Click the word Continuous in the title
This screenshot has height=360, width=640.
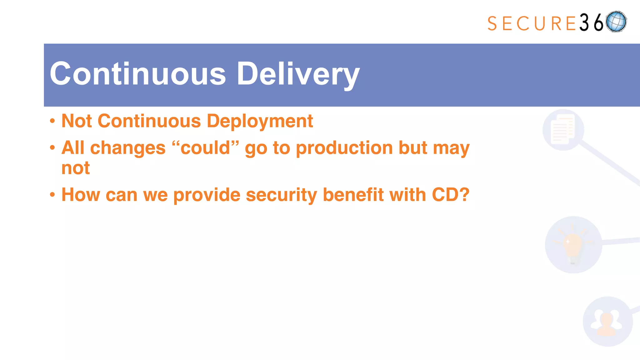(137, 74)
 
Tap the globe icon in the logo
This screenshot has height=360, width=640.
(616, 22)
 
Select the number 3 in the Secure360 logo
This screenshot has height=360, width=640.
(584, 23)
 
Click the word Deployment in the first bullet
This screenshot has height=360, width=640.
(260, 121)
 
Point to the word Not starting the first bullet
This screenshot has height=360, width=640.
(77, 121)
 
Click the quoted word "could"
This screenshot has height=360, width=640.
(205, 148)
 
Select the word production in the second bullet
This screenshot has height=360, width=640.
(344, 148)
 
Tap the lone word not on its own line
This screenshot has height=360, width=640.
(76, 168)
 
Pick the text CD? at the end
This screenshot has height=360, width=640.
(450, 195)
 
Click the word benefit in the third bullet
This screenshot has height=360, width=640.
(353, 195)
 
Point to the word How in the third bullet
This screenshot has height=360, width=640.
(80, 195)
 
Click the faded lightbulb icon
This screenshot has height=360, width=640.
(573, 245)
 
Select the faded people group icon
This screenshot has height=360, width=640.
(607, 322)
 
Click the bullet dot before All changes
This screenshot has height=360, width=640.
(52, 147)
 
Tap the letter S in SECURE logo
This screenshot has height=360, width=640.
(492, 24)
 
